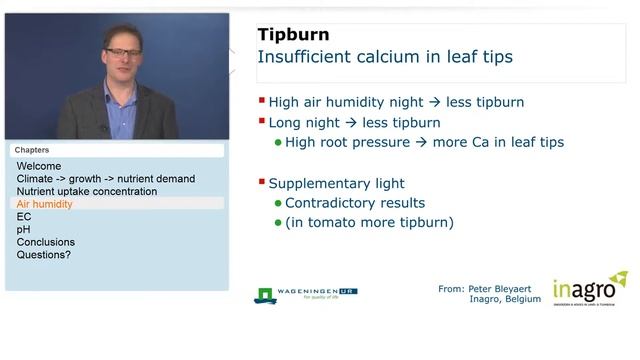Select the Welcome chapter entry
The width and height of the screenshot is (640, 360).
pyautogui.click(x=39, y=166)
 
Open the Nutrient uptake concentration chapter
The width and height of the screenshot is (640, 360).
pyautogui.click(x=87, y=191)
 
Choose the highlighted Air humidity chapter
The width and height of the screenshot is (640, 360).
pyautogui.click(x=45, y=204)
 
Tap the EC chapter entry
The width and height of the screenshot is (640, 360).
pyautogui.click(x=24, y=216)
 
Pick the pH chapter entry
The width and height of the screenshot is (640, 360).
pyautogui.click(x=24, y=229)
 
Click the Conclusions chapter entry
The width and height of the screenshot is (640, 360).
pyautogui.click(x=46, y=242)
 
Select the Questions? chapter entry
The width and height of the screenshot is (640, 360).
pyautogui.click(x=44, y=255)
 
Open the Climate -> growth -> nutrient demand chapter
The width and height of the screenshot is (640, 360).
pyautogui.click(x=106, y=179)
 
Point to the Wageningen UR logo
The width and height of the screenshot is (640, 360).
pyautogui.click(x=305, y=295)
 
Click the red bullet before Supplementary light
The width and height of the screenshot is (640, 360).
pyautogui.click(x=262, y=182)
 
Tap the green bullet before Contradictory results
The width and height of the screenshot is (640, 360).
pyautogui.click(x=278, y=203)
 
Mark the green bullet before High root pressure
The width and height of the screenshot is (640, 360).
pyautogui.click(x=278, y=142)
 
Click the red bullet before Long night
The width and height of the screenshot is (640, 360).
pyautogui.click(x=262, y=122)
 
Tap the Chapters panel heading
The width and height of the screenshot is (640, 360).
pyautogui.click(x=32, y=150)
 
